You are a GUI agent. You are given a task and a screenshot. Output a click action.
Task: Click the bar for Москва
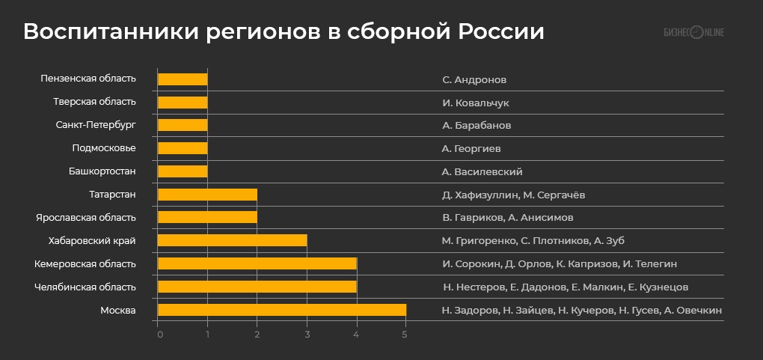[x=282, y=310]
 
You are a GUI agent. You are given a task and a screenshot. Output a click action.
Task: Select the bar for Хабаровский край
[x=233, y=240]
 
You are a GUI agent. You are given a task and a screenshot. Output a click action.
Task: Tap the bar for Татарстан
[x=208, y=195]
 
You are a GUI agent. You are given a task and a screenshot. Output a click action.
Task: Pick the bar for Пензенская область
[x=183, y=79]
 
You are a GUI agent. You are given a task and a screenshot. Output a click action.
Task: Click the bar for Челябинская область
[x=257, y=287]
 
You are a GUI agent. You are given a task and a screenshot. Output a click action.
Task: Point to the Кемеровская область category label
[x=85, y=263]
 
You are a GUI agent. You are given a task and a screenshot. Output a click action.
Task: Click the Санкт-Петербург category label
[x=96, y=125]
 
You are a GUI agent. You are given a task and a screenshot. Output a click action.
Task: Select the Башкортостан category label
[x=102, y=171]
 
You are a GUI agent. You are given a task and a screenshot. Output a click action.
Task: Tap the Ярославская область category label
[x=86, y=217]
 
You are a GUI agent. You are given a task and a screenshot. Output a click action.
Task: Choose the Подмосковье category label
[x=104, y=148]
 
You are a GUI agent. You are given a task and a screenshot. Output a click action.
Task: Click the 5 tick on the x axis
[x=406, y=333]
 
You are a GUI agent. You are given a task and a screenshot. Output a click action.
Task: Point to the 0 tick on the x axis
[x=159, y=333]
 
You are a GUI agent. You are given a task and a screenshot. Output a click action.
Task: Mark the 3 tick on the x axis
[x=307, y=333]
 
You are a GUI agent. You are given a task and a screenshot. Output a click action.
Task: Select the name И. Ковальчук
[x=475, y=103]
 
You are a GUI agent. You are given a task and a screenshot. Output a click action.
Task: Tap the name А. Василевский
[x=482, y=171]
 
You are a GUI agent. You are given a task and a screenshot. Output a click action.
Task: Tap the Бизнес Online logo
[x=694, y=32]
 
